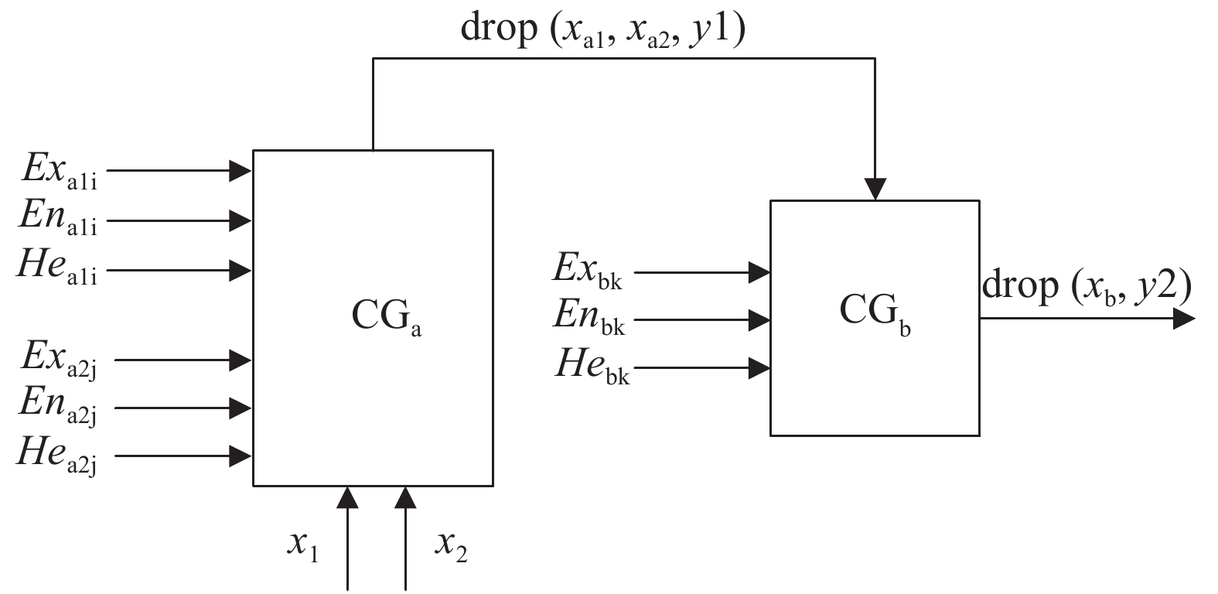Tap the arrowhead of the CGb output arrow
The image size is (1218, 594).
point(1184,318)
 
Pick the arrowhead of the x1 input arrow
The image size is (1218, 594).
point(349,497)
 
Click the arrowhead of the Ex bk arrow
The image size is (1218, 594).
point(759,271)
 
